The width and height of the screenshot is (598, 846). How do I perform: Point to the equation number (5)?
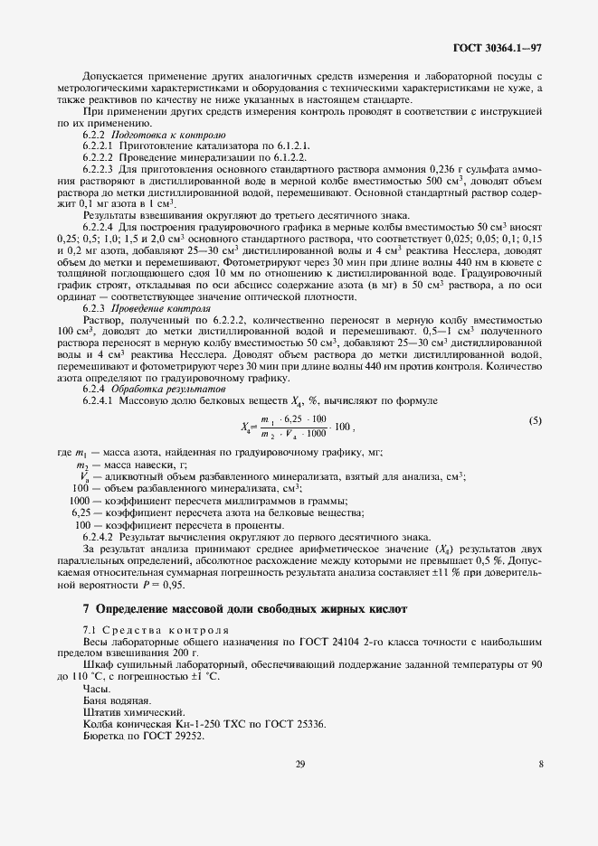click(x=535, y=420)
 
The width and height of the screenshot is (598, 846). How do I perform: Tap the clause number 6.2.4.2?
click(x=97, y=536)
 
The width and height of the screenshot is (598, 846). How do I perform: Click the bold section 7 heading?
click(x=233, y=609)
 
